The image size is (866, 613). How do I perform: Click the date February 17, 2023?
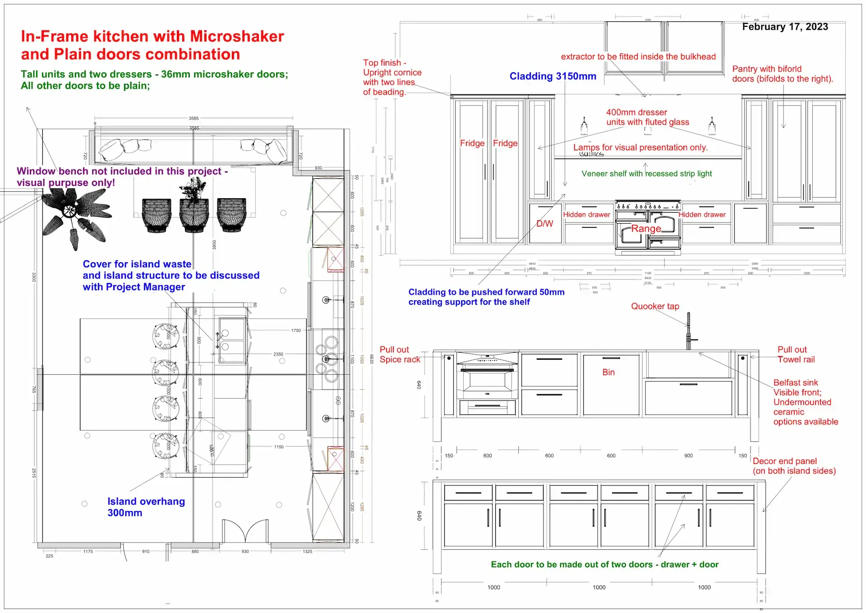[785, 27]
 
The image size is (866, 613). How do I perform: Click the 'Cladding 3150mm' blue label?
[553, 76]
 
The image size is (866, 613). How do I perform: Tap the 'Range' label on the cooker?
[646, 228]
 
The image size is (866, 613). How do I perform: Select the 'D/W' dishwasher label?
[544, 223]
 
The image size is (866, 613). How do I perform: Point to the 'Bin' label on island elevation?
[608, 372]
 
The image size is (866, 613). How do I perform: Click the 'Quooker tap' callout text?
[655, 306]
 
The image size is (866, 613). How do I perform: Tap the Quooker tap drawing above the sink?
[689, 332]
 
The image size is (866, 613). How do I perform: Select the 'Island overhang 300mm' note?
[146, 507]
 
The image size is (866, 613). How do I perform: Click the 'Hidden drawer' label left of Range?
[586, 215]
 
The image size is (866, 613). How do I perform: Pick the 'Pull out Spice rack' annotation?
[400, 354]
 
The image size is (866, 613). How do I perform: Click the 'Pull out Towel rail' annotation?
[796, 354]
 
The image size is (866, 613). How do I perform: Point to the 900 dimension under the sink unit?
[688, 456]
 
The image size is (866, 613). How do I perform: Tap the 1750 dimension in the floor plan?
[296, 330]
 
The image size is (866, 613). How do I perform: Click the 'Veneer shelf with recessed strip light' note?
[646, 174]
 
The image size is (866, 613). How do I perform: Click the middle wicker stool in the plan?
[194, 214]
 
